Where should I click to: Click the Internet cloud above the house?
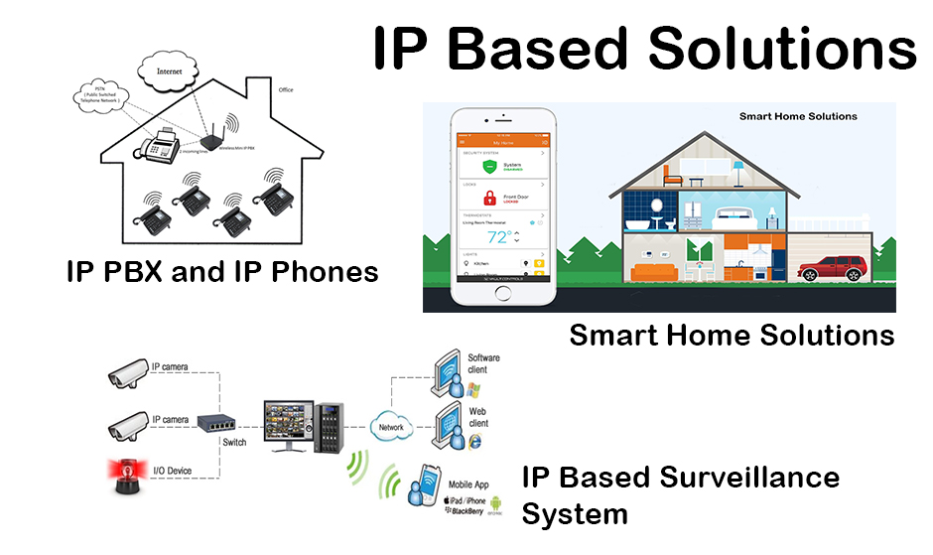[x=170, y=70]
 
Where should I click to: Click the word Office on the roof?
[x=286, y=90]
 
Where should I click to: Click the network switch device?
[x=219, y=422]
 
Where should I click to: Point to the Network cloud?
[x=391, y=427]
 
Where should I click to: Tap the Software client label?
[x=483, y=363]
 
